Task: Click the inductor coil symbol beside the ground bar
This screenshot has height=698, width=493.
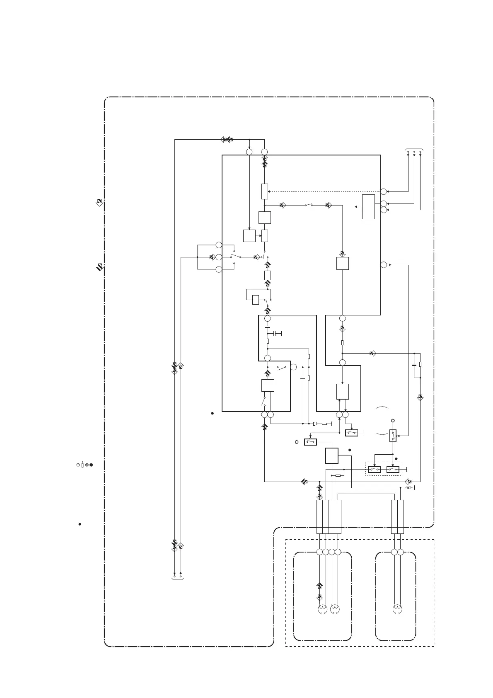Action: [408, 488]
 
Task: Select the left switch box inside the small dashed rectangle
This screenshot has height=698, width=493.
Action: [375, 469]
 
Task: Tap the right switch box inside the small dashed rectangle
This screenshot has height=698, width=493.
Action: [392, 469]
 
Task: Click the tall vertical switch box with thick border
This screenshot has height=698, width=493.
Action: [393, 436]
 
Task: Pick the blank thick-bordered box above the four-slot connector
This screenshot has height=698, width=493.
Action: [332, 456]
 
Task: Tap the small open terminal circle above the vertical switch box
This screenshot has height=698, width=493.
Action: [392, 420]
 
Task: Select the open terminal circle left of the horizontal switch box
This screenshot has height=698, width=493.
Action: [297, 442]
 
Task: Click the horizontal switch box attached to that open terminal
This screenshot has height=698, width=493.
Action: [310, 442]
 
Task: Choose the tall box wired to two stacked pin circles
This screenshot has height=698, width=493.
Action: [368, 206]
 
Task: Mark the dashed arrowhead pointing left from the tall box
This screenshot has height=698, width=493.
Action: [356, 206]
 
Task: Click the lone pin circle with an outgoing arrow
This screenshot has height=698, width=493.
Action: [384, 264]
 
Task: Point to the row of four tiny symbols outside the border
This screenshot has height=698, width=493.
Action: [84, 465]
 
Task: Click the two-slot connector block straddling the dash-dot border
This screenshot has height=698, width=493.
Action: [398, 516]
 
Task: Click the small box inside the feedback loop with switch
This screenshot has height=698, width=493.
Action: [256, 299]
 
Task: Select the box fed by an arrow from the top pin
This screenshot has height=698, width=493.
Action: [249, 235]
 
